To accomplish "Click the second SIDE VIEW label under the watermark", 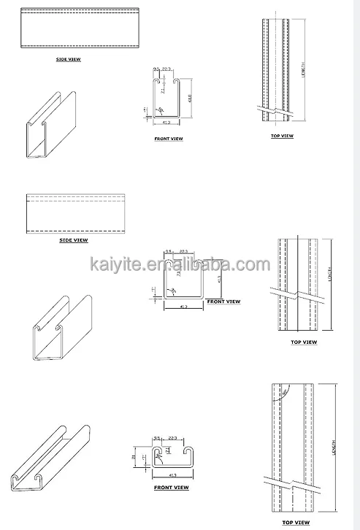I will (73, 239).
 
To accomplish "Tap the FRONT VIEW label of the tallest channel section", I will (169, 137).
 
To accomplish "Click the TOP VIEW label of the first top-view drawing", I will (281, 136).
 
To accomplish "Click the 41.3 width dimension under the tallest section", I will (167, 123).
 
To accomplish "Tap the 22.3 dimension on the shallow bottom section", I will (172, 438).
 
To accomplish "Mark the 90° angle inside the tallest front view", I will (172, 107).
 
